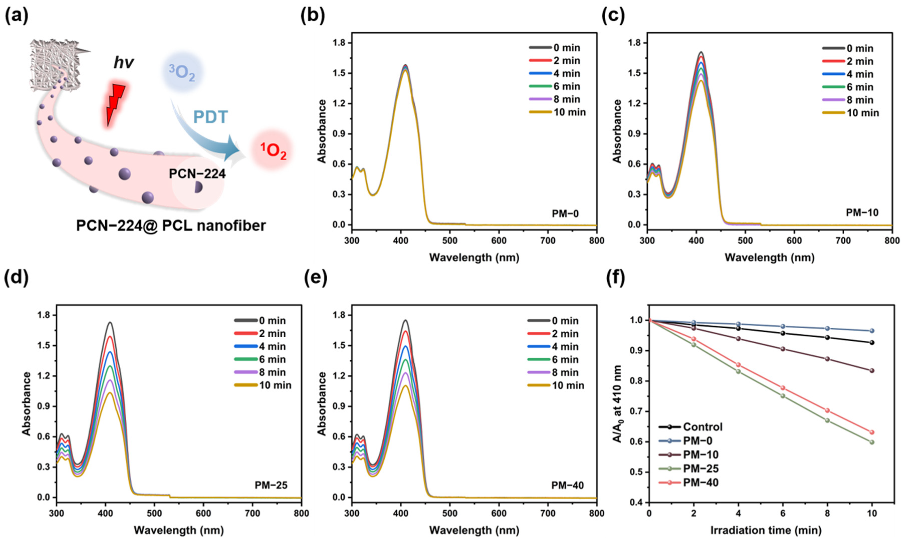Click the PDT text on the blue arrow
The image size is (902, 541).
[210, 117]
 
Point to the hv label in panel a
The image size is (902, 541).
[124, 63]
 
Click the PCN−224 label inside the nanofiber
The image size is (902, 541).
[197, 174]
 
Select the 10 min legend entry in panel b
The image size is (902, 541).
[557, 112]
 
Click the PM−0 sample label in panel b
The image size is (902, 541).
[565, 213]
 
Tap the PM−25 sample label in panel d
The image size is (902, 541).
[271, 485]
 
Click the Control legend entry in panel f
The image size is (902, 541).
[691, 427]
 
